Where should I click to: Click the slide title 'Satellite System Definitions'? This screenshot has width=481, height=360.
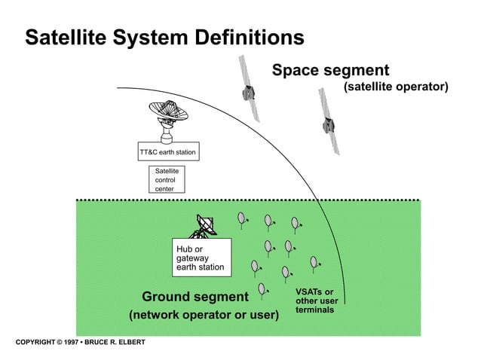[x=164, y=37]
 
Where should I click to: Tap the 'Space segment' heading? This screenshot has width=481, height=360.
[x=330, y=71]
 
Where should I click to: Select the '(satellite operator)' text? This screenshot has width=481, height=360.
[x=396, y=88]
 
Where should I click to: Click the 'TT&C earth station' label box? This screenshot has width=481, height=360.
[x=167, y=152]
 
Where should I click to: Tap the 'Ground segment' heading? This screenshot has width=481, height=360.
[x=195, y=295]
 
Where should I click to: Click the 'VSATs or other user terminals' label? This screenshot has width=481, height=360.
[x=315, y=301]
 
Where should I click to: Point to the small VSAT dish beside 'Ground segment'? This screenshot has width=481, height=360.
[x=262, y=288]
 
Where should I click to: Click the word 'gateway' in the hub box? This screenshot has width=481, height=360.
[x=192, y=258]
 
